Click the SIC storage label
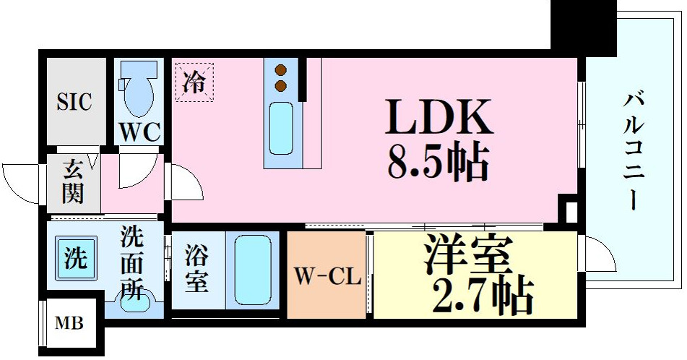pos(75,102)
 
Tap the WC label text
pos(140,133)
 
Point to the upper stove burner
pos(282,71)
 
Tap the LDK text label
pos(440,117)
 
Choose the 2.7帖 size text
pos(482,293)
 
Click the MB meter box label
pos(70,323)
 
